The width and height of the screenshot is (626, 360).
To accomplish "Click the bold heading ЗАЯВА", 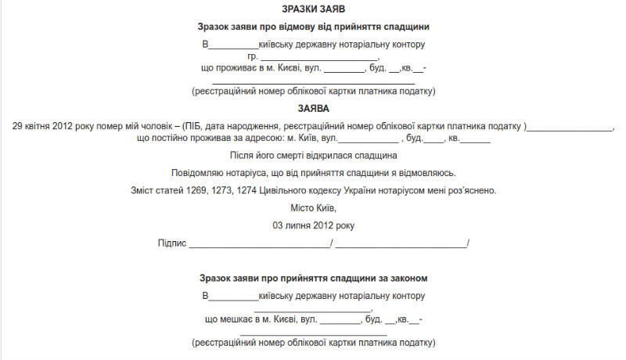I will pos(313,108).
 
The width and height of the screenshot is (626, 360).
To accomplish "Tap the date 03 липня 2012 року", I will pos(313,225).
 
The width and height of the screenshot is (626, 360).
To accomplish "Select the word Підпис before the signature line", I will pos(172,243).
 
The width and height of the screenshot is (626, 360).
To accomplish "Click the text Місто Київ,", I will pos(313,208).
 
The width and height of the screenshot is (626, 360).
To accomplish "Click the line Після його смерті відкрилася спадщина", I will pos(313,156).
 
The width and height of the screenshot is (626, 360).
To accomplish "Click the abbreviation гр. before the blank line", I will pos(253,56).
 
